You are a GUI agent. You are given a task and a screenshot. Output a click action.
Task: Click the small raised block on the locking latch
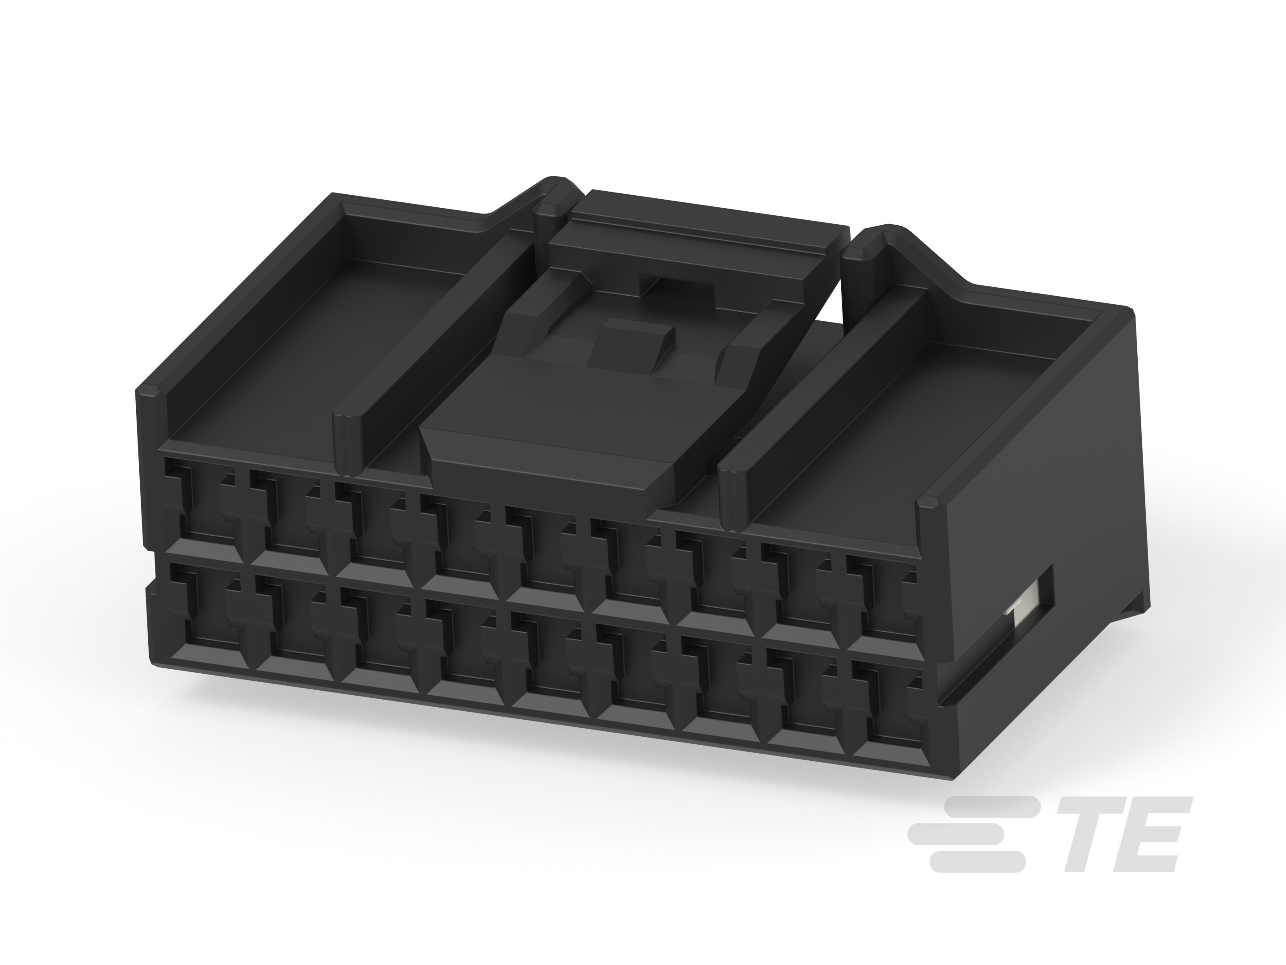tap(631, 343)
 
